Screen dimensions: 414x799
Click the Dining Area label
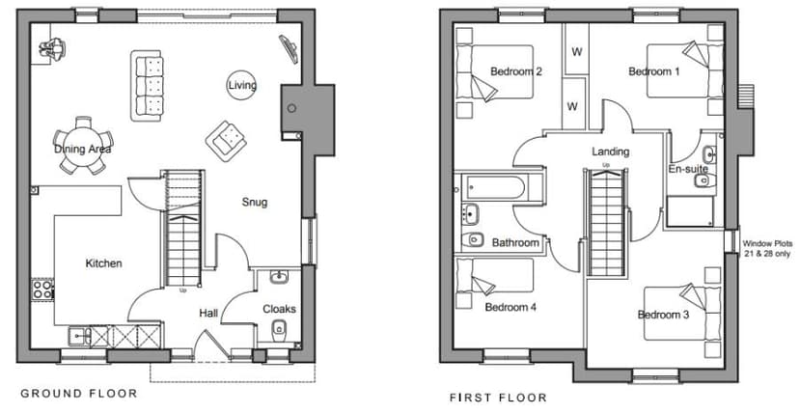(82, 150)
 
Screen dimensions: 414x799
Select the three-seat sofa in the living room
(150, 86)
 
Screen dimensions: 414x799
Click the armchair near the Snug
(227, 141)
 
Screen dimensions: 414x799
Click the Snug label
(255, 203)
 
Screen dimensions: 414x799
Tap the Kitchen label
(103, 263)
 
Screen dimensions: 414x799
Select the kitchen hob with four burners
(43, 288)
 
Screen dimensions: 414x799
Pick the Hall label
(208, 313)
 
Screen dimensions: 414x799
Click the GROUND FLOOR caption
(79, 393)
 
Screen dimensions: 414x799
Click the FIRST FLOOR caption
(498, 397)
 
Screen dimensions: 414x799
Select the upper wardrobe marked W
(576, 53)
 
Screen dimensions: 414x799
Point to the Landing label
(611, 152)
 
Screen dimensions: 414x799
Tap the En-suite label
(688, 170)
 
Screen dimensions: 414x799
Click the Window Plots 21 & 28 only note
(765, 249)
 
